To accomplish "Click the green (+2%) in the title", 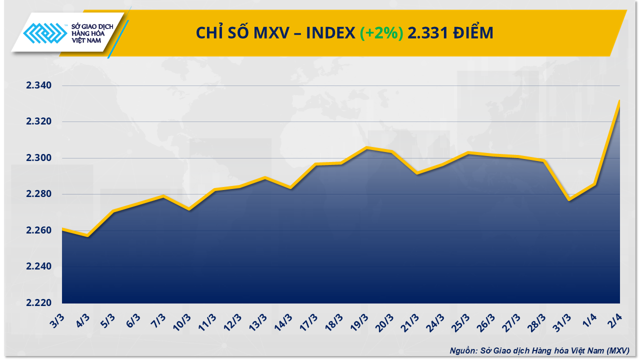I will tap(381, 33).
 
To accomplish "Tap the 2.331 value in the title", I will tap(423, 33).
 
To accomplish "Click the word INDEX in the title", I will tap(330, 33).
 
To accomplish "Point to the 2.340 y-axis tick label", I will tap(39, 85).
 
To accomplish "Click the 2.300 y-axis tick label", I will tap(39, 158).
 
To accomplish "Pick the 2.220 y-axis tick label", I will tap(39, 303).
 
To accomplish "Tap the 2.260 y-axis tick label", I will tap(39, 230).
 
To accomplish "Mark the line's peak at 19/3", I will tap(367, 147).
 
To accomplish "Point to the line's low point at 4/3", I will tap(88, 235).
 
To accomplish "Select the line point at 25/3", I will tap(468, 152).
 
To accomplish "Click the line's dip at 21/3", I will tap(417, 173).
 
